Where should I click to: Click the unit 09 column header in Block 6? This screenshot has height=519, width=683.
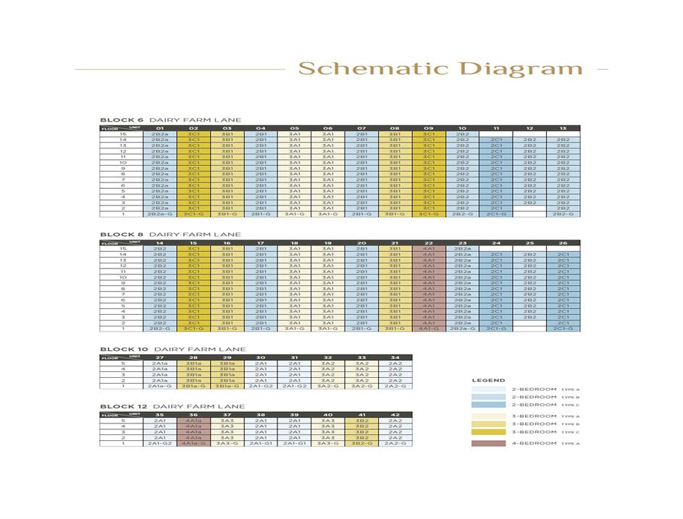pyautogui.click(x=428, y=129)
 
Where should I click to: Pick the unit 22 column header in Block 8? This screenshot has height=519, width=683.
pyautogui.click(x=428, y=243)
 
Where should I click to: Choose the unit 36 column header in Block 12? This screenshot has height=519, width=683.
pyautogui.click(x=193, y=415)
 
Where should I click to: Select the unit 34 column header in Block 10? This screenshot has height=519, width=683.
pyautogui.click(x=395, y=358)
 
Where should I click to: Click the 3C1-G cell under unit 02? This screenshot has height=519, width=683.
pyautogui.click(x=193, y=214)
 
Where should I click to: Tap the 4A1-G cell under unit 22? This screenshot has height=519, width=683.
pyautogui.click(x=428, y=329)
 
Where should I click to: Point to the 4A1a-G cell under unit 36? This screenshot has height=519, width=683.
pyautogui.click(x=193, y=443)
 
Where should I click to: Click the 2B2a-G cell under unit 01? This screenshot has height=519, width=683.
pyautogui.click(x=159, y=214)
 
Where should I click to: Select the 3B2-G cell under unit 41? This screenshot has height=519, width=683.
pyautogui.click(x=361, y=443)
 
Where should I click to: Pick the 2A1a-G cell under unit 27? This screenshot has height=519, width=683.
pyautogui.click(x=159, y=386)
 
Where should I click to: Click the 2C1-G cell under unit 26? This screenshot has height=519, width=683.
pyautogui.click(x=563, y=329)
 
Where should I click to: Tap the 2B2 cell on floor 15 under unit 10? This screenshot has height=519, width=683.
pyautogui.click(x=462, y=135)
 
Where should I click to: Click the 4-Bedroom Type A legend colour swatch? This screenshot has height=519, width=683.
pyautogui.click(x=489, y=443)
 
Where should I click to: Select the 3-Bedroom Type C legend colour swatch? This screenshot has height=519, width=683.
pyautogui.click(x=489, y=432)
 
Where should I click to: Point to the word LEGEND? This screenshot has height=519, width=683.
pyautogui.click(x=489, y=380)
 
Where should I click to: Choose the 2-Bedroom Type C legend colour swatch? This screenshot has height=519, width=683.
pyautogui.click(x=489, y=405)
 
